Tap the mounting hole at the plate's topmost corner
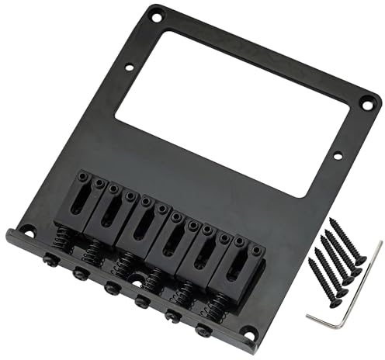pyautogui.click(x=155, y=13)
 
